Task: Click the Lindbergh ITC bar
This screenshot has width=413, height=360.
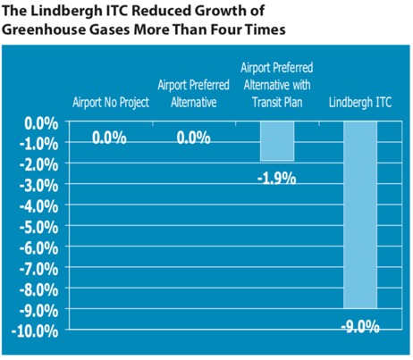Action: (360, 215)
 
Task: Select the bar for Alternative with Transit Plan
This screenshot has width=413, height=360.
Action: (277, 141)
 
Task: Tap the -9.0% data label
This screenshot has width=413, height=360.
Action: (360, 327)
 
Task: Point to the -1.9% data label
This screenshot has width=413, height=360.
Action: (277, 179)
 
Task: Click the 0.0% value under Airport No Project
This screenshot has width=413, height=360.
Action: (109, 138)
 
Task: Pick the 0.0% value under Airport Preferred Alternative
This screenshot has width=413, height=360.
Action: (194, 138)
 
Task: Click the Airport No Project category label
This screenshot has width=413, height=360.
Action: (111, 103)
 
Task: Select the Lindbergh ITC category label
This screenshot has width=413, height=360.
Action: (360, 102)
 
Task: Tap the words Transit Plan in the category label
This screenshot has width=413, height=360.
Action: (277, 102)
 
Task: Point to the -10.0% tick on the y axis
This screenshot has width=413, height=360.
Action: (35, 331)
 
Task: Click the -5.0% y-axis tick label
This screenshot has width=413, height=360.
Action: (39, 228)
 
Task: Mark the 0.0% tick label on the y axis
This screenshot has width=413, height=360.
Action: (41, 123)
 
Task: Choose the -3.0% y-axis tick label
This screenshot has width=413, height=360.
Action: (39, 186)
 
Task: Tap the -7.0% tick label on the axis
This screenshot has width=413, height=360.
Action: (39, 270)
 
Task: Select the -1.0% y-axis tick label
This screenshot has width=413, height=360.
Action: (39, 145)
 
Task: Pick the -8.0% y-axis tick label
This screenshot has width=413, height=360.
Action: (39, 290)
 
